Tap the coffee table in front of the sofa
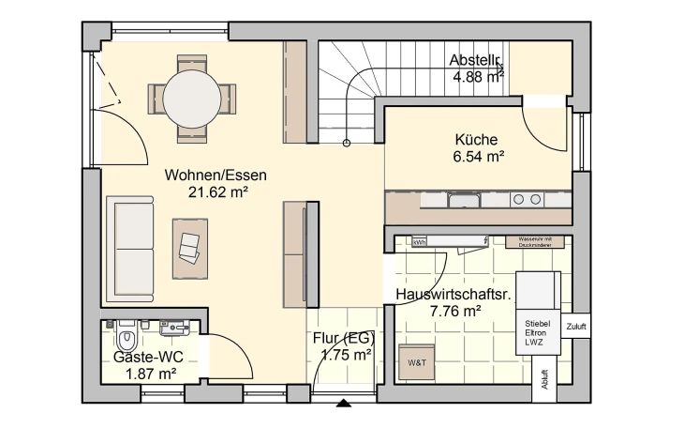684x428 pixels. (190, 249)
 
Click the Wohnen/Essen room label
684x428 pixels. (216, 175)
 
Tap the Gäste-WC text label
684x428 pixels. (148, 357)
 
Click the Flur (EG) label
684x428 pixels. (346, 338)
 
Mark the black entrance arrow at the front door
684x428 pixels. (344, 405)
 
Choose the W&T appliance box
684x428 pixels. (415, 362)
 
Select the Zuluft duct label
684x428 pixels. (576, 327)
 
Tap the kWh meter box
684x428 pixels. (419, 242)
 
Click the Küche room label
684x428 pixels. (477, 140)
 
